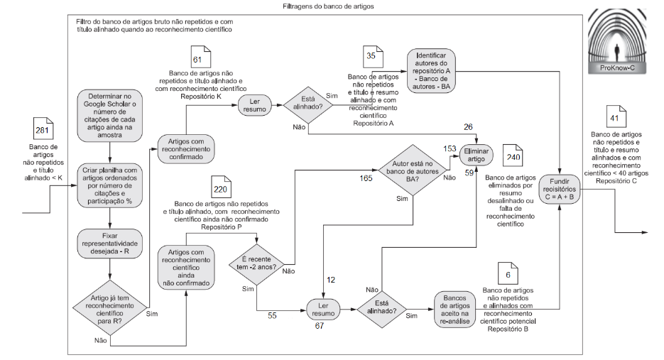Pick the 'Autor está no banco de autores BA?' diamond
point(409,170)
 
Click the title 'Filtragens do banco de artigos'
point(328,6)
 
